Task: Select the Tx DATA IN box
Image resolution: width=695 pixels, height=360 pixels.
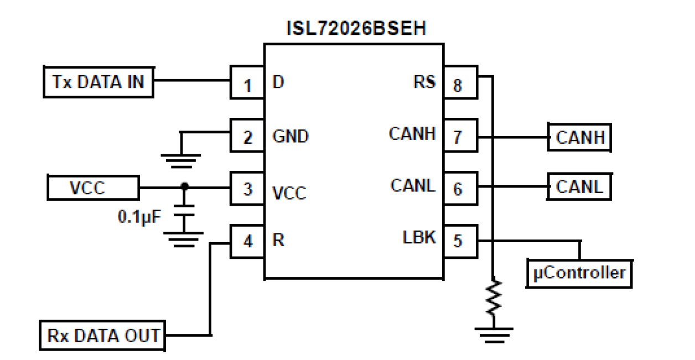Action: [98, 82]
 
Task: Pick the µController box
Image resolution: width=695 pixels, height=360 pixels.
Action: [579, 272]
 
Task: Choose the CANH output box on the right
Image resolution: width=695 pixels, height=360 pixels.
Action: [580, 137]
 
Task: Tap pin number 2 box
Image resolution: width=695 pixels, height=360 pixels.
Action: [247, 137]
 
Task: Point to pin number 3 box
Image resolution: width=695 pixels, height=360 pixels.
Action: [247, 189]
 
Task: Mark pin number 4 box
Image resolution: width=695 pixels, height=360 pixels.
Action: [247, 241]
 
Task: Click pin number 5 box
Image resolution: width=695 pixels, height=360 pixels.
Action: [459, 241]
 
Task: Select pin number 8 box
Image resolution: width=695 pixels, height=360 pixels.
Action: [459, 85]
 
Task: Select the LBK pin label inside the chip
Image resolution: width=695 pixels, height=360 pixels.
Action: [419, 238]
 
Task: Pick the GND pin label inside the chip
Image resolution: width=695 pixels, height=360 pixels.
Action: [292, 137]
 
